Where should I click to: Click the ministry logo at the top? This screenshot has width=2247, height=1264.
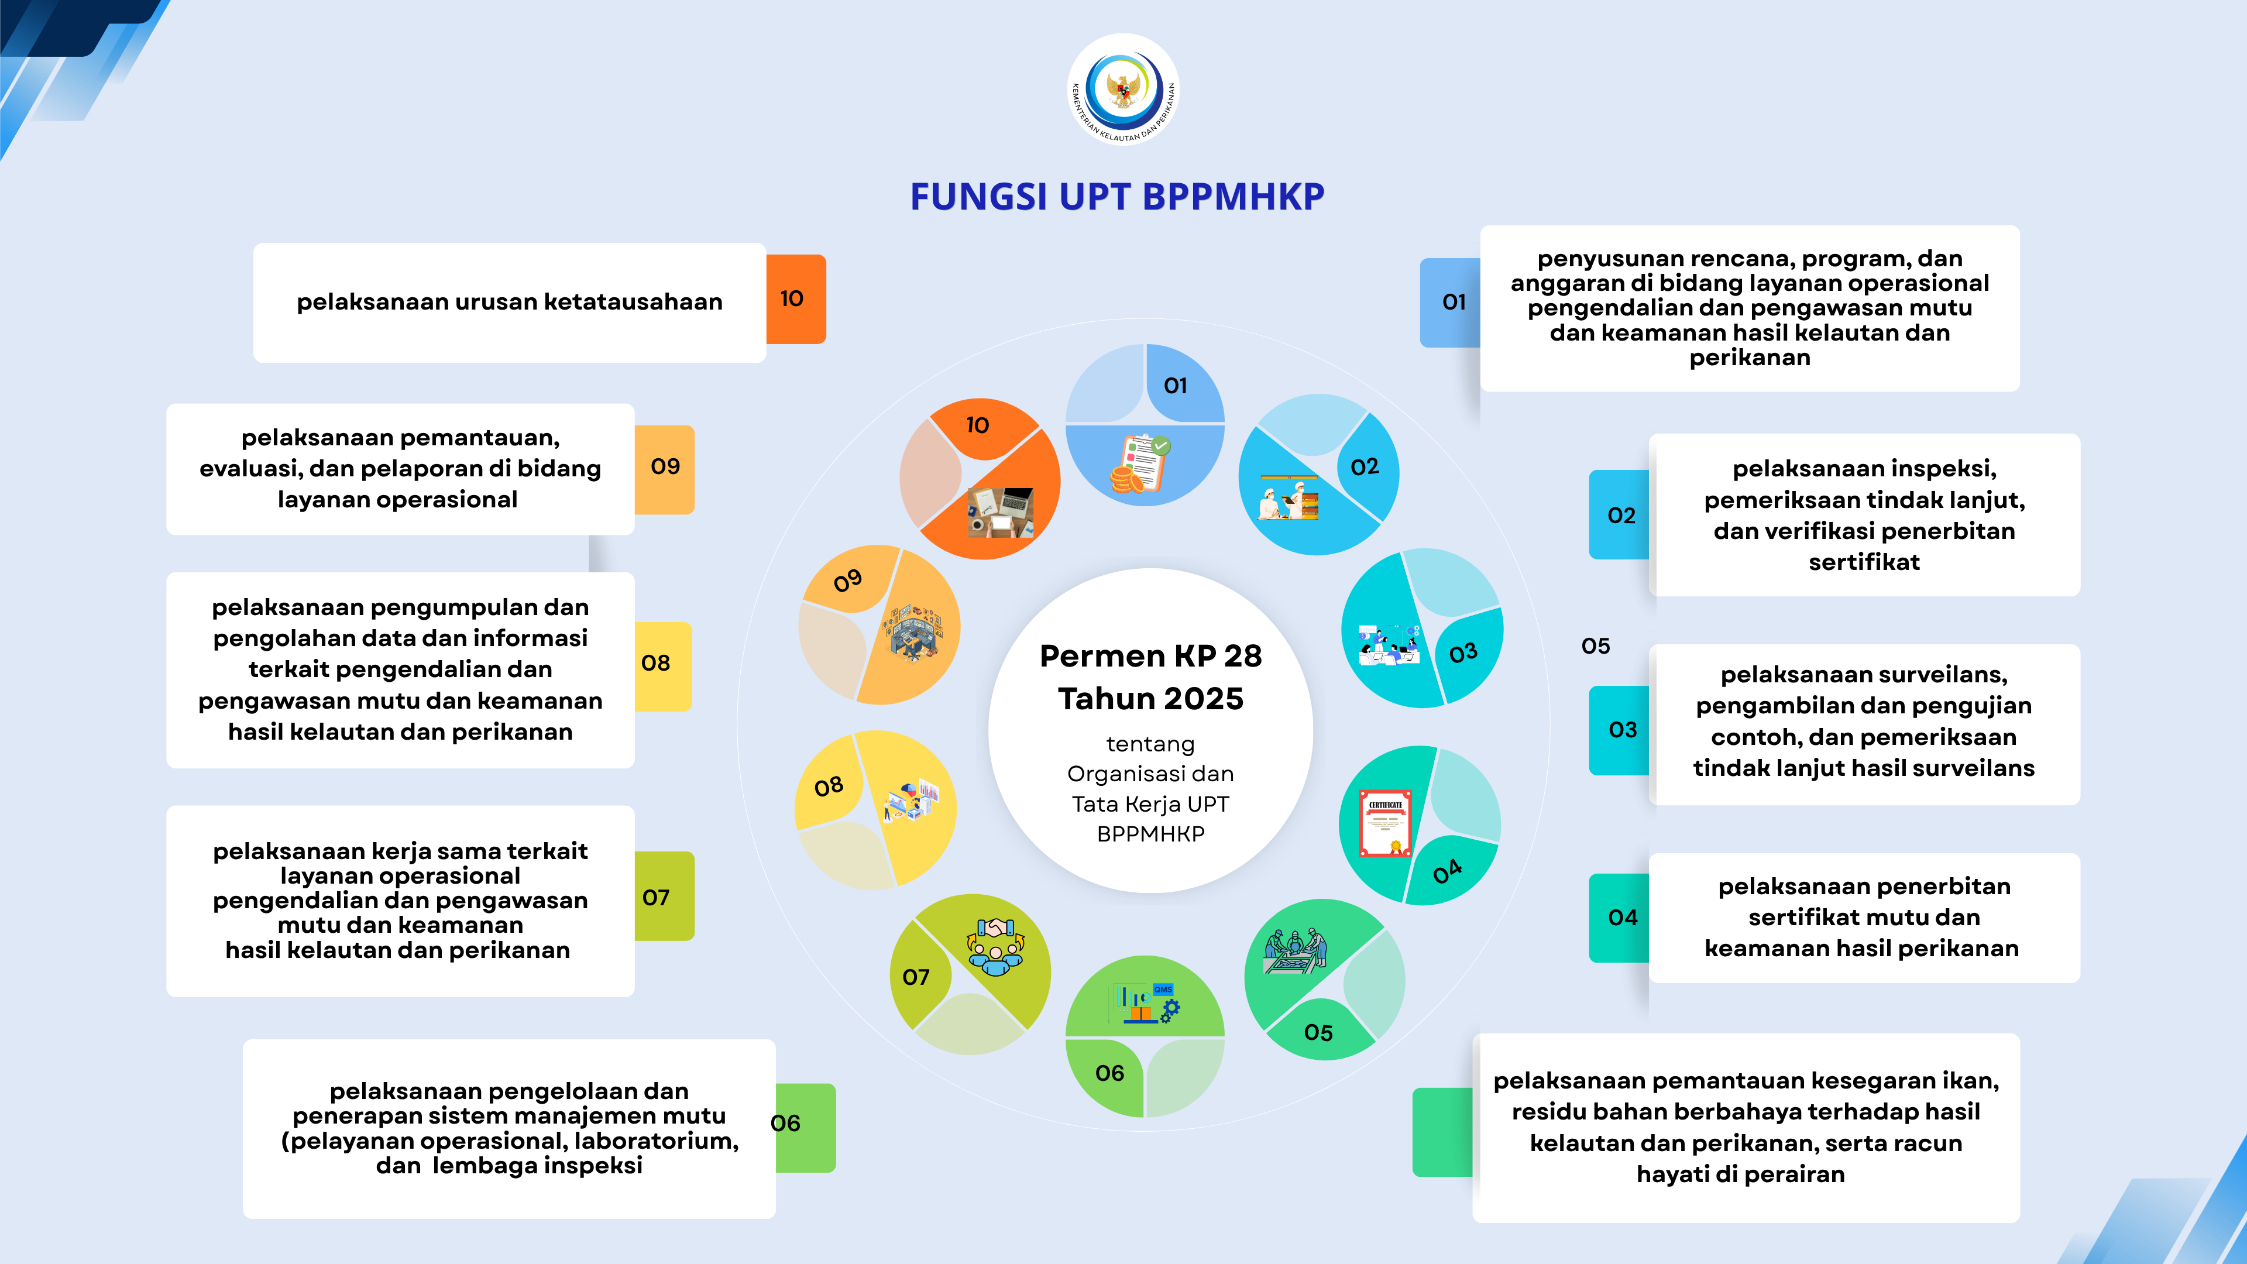pos(1123,88)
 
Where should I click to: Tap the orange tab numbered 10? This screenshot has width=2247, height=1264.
pos(796,298)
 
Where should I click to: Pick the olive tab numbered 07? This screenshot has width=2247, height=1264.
pos(663,896)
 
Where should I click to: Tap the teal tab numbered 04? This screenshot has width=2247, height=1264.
pos(1619,918)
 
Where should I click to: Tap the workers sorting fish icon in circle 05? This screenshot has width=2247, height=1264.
pos(1296,951)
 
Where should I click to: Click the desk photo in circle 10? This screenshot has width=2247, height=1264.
pos(1001,512)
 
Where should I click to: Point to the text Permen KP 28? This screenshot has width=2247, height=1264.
pos(1150,655)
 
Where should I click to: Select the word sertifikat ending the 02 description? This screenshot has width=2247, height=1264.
pos(1864,562)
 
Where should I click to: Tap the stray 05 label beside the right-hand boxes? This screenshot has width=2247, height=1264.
pos(1595,647)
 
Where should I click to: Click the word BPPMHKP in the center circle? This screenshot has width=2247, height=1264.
pos(1150,834)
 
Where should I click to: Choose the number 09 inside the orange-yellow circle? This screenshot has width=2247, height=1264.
pos(847,580)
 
